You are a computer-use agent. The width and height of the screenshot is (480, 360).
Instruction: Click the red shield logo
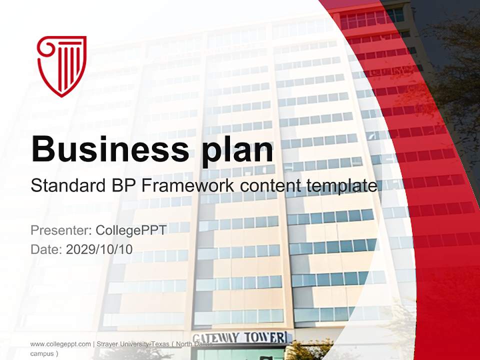click(x=62, y=65)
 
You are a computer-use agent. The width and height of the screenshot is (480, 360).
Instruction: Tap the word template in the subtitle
click(x=341, y=186)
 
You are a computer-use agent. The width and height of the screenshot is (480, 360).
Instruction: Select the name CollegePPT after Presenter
click(x=130, y=230)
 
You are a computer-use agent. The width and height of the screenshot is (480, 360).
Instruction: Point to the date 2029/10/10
click(x=99, y=249)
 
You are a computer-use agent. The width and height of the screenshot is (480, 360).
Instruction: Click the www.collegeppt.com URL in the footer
click(x=60, y=344)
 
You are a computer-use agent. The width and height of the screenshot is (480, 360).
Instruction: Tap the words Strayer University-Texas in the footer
click(x=130, y=344)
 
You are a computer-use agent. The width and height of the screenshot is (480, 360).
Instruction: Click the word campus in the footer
click(x=42, y=353)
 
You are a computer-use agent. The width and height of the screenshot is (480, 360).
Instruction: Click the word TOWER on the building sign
click(x=265, y=337)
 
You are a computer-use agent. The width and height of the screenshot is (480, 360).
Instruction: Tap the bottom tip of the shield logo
click(x=61, y=95)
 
